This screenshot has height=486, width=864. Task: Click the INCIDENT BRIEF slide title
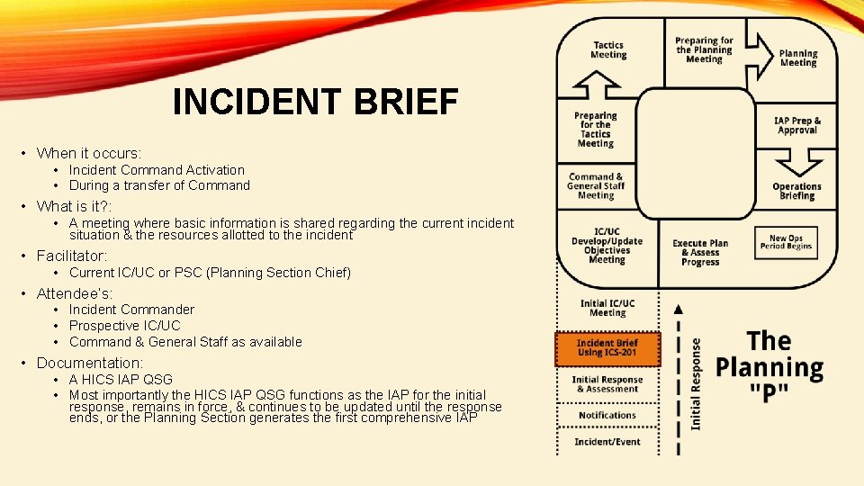(315, 103)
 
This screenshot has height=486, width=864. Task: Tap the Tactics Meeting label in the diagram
(608, 49)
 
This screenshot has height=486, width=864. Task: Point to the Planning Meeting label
(798, 58)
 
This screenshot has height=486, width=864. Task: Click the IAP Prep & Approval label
(797, 125)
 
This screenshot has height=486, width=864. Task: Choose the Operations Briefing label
(796, 191)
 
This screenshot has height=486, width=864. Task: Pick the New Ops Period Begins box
(786, 242)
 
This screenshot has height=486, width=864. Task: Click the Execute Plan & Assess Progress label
(700, 253)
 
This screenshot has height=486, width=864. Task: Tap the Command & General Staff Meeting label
(595, 185)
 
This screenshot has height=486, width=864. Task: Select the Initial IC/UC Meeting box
(607, 308)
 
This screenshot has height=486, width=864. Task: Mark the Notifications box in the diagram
(607, 415)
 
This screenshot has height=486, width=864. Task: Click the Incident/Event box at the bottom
(607, 442)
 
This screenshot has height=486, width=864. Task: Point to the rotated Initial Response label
(696, 382)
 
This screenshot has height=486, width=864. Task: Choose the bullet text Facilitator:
(72, 256)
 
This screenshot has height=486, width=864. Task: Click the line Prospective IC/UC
(124, 326)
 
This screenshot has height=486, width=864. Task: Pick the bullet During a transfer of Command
(159, 185)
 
